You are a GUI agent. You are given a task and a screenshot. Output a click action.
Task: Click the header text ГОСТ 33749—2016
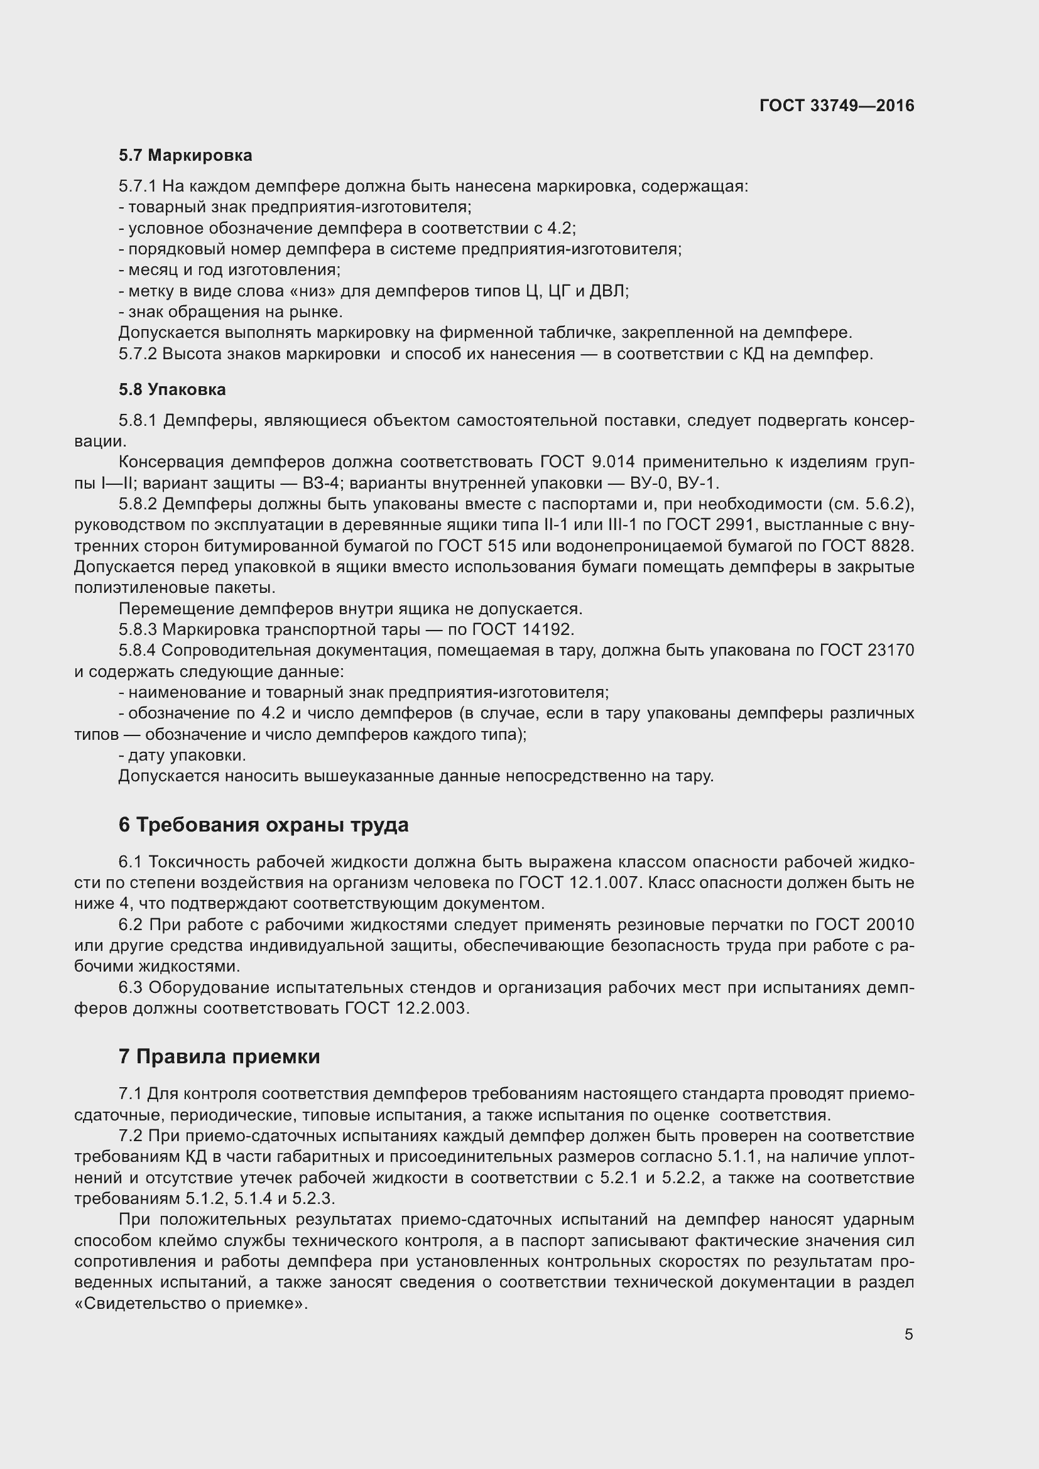click(836, 106)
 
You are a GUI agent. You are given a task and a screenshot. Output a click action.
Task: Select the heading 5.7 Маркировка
click(185, 156)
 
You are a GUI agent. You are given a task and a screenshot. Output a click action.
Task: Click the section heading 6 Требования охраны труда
click(263, 825)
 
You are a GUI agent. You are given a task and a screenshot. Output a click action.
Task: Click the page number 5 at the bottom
click(908, 1335)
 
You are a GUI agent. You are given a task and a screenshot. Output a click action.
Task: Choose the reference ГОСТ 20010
click(864, 924)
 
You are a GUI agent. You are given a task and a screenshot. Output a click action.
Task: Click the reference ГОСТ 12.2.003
click(407, 1009)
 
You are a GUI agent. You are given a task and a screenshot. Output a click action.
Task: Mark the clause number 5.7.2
click(138, 354)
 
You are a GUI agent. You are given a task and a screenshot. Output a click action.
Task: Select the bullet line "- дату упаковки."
click(182, 755)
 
